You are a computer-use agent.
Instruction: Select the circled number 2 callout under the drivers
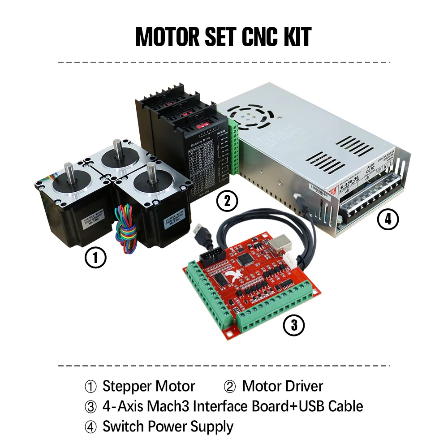point(227,201)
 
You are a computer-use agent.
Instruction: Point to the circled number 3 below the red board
point(294,325)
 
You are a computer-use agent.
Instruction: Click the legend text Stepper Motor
point(149,386)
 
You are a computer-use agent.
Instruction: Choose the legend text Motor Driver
point(282,386)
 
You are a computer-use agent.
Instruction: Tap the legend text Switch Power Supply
point(168,426)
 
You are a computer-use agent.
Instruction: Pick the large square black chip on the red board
point(246,259)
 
